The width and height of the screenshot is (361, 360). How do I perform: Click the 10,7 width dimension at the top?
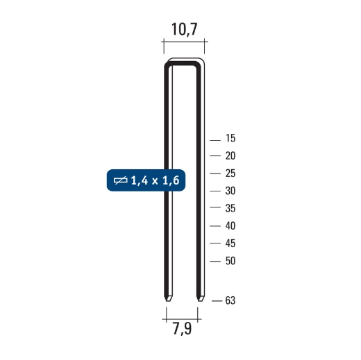click(x=185, y=29)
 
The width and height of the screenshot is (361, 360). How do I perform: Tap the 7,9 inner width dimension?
click(x=182, y=329)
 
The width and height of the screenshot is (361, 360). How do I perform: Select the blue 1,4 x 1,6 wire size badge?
click(x=146, y=180)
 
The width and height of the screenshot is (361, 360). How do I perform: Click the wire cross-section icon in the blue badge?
click(x=121, y=180)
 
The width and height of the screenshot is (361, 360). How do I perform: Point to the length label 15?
click(x=230, y=138)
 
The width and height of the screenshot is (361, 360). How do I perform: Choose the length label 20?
click(x=230, y=156)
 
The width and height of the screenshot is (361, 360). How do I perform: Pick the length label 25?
click(x=230, y=173)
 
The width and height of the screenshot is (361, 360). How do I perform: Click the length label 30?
click(x=230, y=191)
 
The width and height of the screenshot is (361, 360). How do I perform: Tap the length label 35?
click(x=230, y=208)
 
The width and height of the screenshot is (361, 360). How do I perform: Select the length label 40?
click(x=230, y=226)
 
